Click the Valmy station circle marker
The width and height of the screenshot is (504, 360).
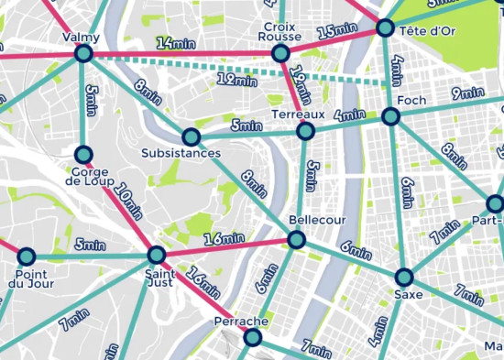[x=83, y=55]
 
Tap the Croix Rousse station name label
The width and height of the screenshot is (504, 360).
[x=280, y=32]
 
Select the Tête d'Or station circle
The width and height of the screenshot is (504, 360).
[x=385, y=28]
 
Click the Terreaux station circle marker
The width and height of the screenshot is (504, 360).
[x=306, y=132]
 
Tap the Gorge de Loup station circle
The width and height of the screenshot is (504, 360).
[x=83, y=154]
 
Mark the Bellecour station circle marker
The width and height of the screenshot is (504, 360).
[x=296, y=240]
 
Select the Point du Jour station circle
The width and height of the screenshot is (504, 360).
[x=27, y=256]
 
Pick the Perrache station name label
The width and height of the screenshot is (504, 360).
[x=240, y=322]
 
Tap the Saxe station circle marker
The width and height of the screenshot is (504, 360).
[x=404, y=277]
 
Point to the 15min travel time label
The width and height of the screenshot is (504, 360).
[x=336, y=29]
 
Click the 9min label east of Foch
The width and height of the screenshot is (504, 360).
[x=467, y=93]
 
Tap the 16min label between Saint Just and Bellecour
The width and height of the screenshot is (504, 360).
[x=225, y=239]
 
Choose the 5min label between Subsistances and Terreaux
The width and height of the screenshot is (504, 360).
[x=247, y=125]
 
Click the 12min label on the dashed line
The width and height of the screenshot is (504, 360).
[x=236, y=81]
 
